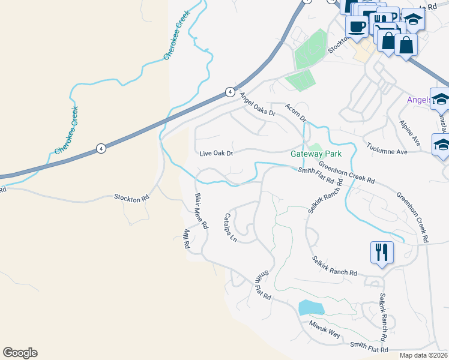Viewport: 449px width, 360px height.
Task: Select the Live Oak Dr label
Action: (x=216, y=154)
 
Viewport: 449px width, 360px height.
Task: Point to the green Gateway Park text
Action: (x=316, y=154)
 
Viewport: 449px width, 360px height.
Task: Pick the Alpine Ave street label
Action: (x=410, y=133)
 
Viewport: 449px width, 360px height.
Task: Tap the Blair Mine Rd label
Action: (x=200, y=211)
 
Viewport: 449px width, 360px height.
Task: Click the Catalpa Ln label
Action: (x=231, y=228)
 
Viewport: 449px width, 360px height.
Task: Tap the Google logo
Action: (x=20, y=353)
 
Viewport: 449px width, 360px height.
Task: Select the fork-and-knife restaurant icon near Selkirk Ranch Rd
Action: (x=382, y=252)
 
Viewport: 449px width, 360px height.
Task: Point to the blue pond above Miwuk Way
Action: (x=311, y=308)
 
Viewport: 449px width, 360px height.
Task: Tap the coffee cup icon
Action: (x=357, y=27)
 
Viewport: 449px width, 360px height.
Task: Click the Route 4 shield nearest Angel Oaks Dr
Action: (x=230, y=92)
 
